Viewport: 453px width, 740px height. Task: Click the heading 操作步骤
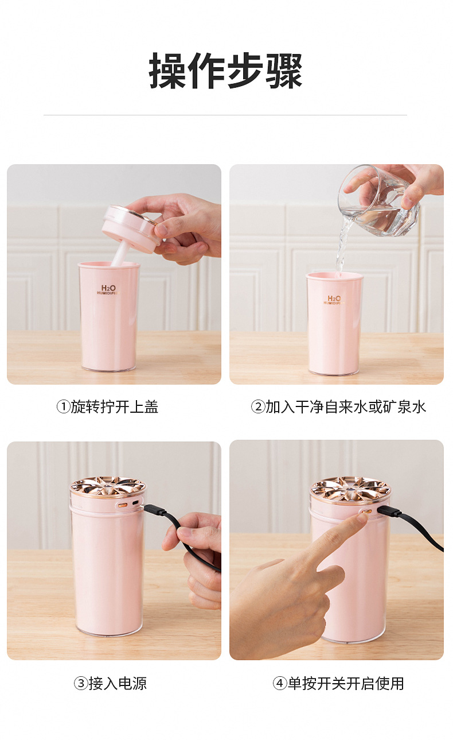pos(225,71)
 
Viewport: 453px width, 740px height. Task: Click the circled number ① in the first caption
pos(63,407)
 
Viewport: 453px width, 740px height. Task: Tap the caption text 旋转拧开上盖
pos(115,407)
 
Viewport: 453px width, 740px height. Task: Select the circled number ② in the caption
pos(257,407)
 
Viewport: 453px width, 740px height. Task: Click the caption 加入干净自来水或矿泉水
pos(346,407)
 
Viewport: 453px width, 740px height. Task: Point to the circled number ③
pos(80,684)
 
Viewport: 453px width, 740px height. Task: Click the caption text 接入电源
pos(118,684)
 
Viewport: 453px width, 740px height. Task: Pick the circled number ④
pos(279,684)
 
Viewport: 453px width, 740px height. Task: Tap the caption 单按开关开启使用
pos(346,684)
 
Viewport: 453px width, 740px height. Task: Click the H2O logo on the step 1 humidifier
pos(108,289)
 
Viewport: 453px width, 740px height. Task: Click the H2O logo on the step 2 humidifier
pos(334,299)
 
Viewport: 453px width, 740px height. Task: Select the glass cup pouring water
pos(380,201)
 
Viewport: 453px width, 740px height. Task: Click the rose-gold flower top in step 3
pos(108,486)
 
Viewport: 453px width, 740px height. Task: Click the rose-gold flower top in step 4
pos(350,489)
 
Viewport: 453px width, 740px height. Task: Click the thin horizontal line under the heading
pos(225,115)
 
